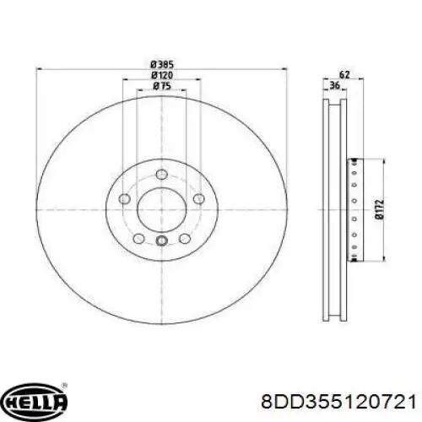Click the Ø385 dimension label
[162, 65]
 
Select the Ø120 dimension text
[162, 75]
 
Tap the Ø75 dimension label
[162, 86]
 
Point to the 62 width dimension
[344, 75]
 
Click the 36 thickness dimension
[335, 85]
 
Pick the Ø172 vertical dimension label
[380, 209]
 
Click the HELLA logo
[34, 400]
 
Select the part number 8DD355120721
[338, 402]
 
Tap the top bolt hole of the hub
[161, 174]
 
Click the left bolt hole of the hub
[125, 199]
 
